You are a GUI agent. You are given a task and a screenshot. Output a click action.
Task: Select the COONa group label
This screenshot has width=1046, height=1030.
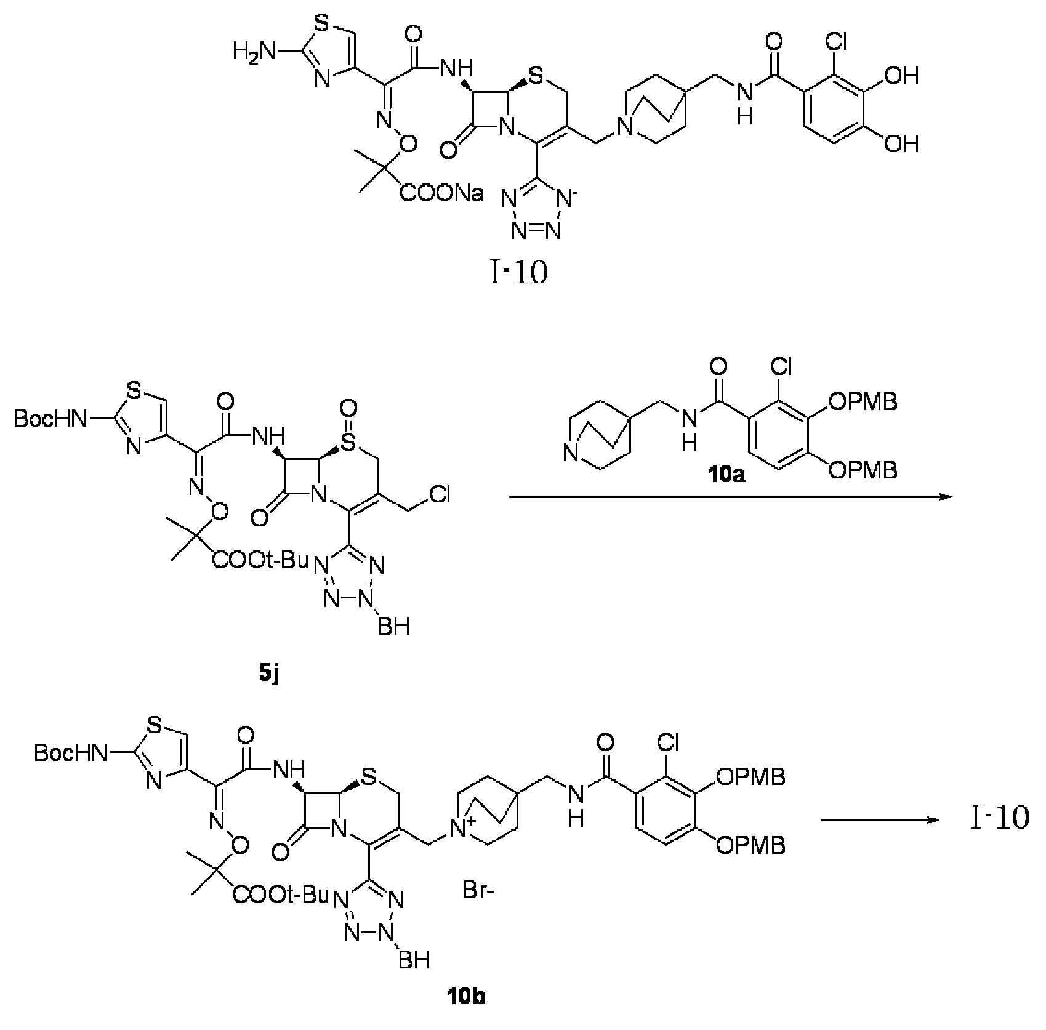tap(442, 195)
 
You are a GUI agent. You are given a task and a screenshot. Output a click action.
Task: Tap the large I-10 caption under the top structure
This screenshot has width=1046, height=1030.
tap(518, 273)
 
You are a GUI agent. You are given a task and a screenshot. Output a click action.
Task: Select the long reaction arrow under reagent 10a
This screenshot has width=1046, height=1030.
tap(728, 497)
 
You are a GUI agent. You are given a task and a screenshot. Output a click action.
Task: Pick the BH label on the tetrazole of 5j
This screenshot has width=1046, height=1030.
tap(395, 626)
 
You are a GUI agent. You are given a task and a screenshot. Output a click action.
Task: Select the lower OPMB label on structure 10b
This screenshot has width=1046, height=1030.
tap(750, 846)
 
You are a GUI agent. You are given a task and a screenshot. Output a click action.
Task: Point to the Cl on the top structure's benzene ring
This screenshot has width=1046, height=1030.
tap(844, 42)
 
